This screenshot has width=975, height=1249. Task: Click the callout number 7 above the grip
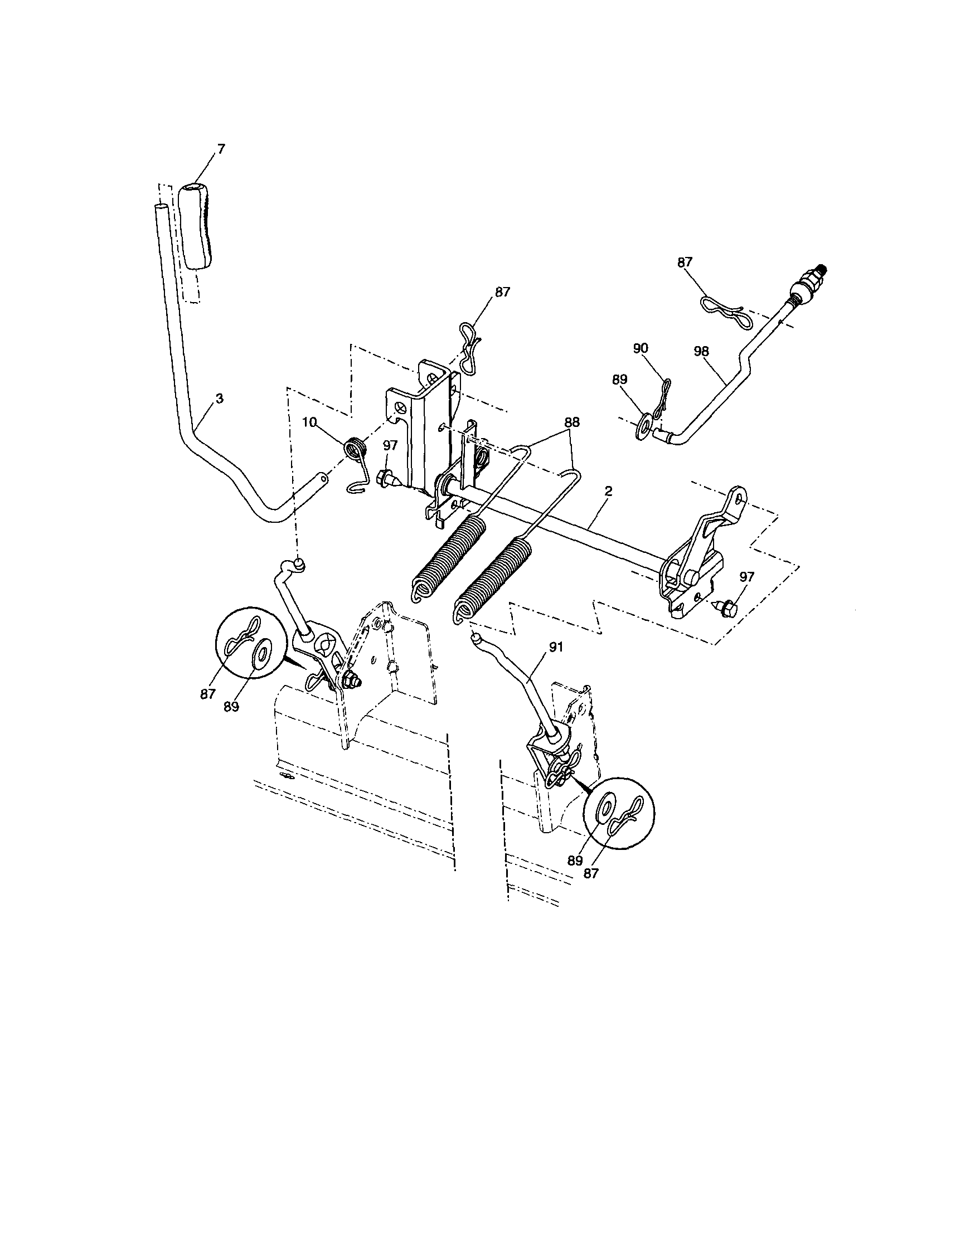[x=221, y=149]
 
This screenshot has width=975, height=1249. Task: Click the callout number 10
[x=309, y=422]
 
